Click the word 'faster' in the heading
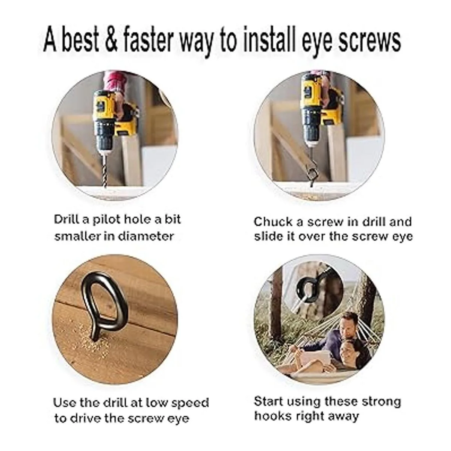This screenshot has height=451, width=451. point(149,39)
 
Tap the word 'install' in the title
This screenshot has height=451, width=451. point(269,39)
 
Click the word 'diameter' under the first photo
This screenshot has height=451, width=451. point(145,236)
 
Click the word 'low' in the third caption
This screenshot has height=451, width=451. point(157,402)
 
